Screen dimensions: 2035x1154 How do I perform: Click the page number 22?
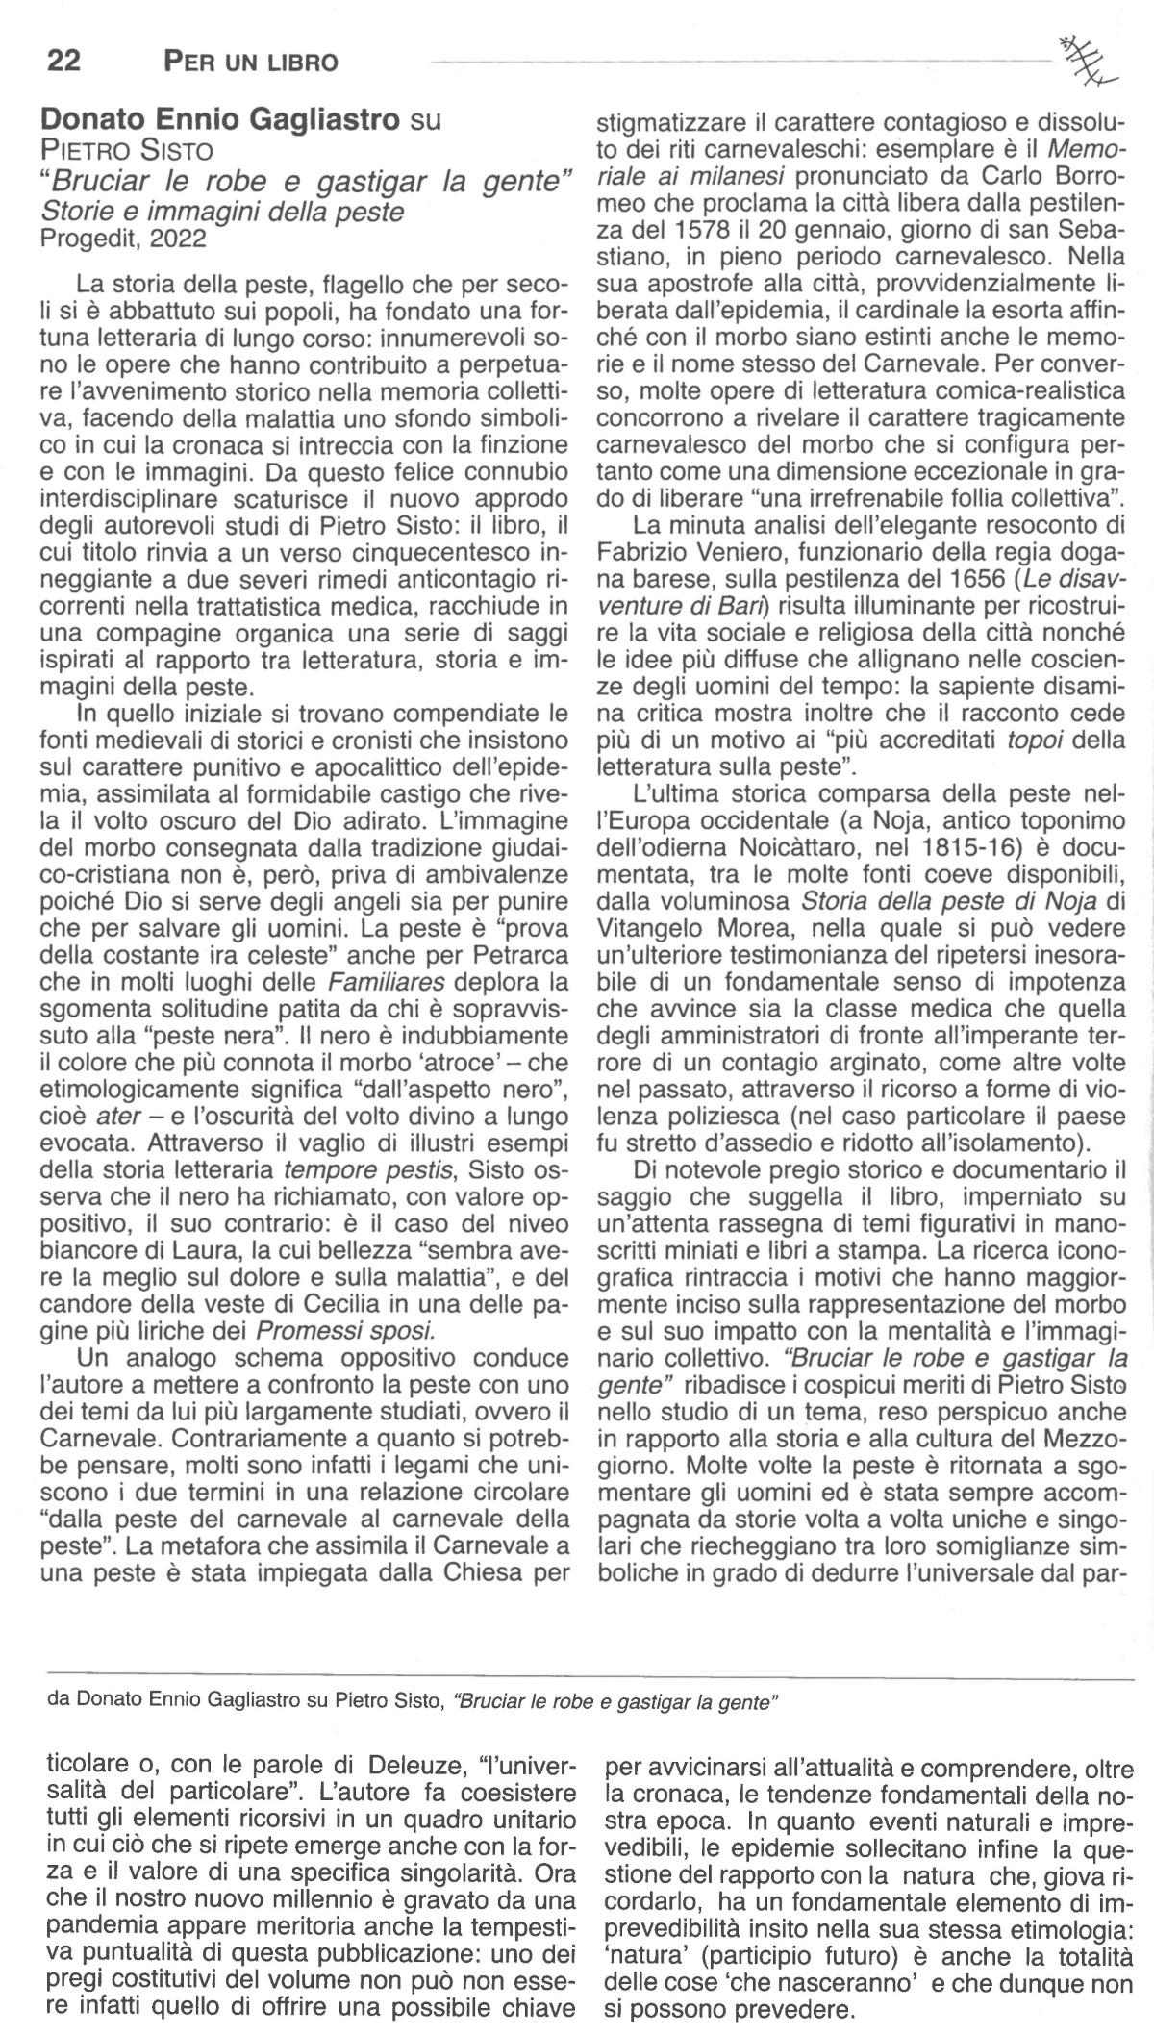click(63, 63)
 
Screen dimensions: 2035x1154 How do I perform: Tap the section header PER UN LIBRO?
click(251, 63)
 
